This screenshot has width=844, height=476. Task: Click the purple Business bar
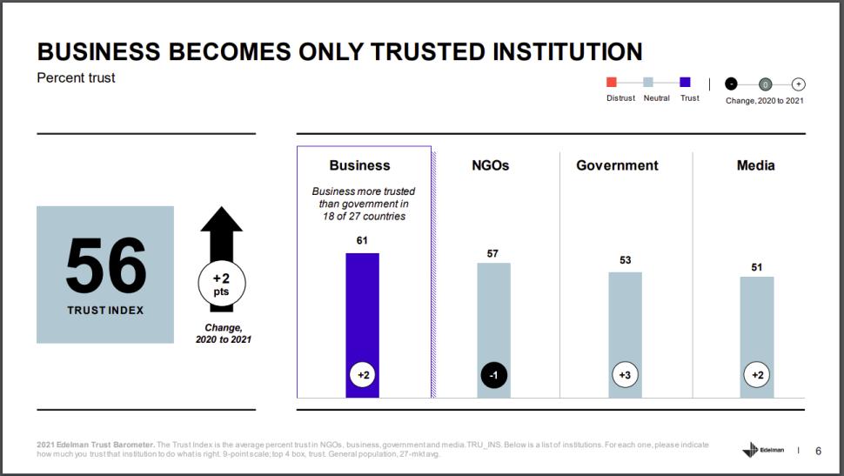pyautogui.click(x=362, y=313)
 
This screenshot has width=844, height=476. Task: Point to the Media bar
pyautogui.click(x=756, y=322)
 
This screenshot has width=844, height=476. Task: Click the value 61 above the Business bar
pyautogui.click(x=362, y=239)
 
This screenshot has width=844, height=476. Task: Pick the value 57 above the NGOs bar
pyautogui.click(x=493, y=253)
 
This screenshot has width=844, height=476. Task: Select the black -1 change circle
pyautogui.click(x=493, y=376)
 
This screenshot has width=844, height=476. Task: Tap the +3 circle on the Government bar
pyautogui.click(x=625, y=376)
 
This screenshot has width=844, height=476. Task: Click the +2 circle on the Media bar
pyautogui.click(x=756, y=376)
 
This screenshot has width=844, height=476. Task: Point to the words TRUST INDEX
pyautogui.click(x=105, y=310)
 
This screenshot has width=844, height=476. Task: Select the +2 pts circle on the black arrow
pyautogui.click(x=221, y=284)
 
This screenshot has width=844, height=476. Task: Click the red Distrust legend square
pyautogui.click(x=611, y=83)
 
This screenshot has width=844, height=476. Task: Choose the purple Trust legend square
pyautogui.click(x=685, y=83)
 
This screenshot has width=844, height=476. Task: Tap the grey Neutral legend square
pyautogui.click(x=647, y=83)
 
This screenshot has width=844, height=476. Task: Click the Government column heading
pyautogui.click(x=617, y=165)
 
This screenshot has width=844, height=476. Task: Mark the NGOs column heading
pyautogui.click(x=492, y=165)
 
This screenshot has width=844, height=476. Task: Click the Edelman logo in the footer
pyautogui.click(x=763, y=450)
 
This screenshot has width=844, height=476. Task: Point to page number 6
pyautogui.click(x=817, y=451)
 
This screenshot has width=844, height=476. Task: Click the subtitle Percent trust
pyautogui.click(x=76, y=78)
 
